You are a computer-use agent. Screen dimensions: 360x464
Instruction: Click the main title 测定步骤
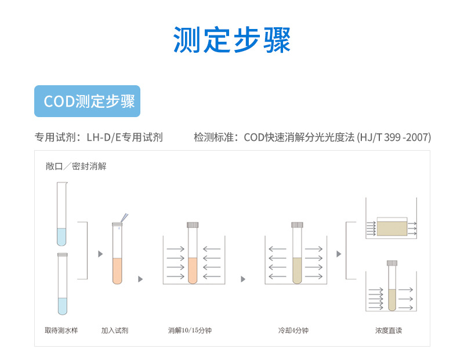click(232, 39)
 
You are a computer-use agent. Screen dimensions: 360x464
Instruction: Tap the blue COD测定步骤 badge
click(88, 101)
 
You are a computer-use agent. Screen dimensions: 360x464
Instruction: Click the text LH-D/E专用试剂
click(124, 137)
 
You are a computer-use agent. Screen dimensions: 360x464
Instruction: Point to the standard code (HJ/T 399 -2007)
click(394, 137)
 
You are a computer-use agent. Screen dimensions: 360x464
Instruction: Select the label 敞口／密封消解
click(76, 166)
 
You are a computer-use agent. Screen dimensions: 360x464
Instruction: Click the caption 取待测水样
click(61, 330)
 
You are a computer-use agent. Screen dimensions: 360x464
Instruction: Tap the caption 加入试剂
click(115, 330)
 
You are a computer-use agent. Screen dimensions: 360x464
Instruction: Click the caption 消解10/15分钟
click(190, 330)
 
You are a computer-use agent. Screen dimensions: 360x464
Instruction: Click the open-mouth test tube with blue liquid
click(62, 214)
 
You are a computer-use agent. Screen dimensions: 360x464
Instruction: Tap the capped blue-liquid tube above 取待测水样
click(62, 284)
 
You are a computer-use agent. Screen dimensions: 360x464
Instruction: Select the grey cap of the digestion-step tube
click(193, 224)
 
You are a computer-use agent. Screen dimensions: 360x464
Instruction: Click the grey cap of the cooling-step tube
click(298, 224)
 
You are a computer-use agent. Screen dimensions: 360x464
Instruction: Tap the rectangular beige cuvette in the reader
click(392, 227)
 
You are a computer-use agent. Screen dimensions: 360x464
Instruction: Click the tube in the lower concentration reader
click(392, 287)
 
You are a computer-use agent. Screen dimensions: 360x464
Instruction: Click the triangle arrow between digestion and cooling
click(243, 279)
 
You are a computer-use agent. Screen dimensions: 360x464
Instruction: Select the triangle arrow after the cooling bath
click(339, 254)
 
